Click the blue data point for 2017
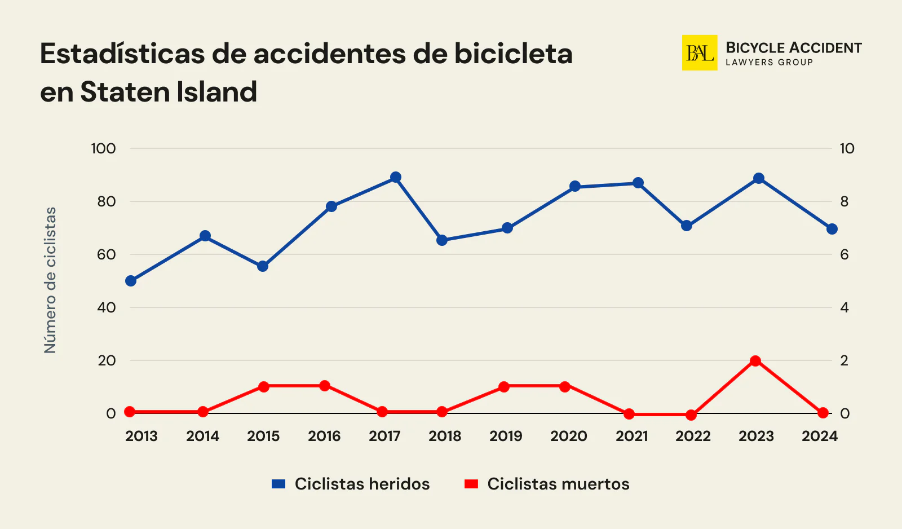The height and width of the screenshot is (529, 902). point(396,178)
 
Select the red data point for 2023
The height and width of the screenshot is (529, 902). point(755,361)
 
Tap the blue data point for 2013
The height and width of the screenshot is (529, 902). point(131,281)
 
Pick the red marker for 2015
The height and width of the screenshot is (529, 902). point(263,387)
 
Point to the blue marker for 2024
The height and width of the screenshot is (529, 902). point(832,229)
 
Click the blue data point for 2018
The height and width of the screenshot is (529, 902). point(442,240)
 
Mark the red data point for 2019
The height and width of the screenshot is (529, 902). point(504,387)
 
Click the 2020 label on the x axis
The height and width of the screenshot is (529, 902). point(568,436)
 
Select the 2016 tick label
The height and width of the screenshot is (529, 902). point(324,436)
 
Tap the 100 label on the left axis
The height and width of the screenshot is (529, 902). point(103,148)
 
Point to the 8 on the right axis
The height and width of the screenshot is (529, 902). point(844,201)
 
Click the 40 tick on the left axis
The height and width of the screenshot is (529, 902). point(106,307)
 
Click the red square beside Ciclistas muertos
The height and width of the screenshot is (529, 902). point(471,484)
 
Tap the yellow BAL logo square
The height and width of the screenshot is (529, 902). point(700,53)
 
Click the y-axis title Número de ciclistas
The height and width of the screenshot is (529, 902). point(50,280)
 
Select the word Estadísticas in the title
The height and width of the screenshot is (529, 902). point(122,54)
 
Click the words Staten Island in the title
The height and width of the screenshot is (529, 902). point(169,92)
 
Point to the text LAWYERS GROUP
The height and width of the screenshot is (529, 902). point(769,63)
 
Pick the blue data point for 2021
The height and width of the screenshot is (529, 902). point(638,183)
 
